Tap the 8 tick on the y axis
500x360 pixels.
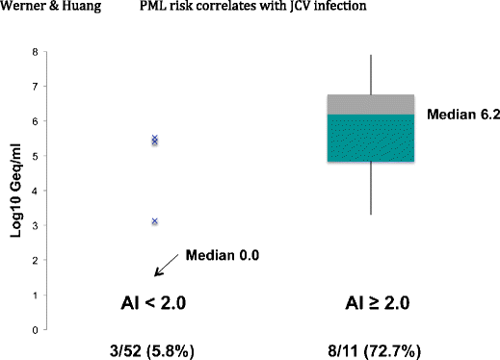click(x=36, y=51)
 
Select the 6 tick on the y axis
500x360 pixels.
click(x=36, y=121)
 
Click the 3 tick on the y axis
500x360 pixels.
click(x=36, y=226)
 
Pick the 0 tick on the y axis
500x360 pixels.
click(x=36, y=330)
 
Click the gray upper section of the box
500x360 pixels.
click(x=372, y=104)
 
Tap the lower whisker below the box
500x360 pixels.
click(x=372, y=188)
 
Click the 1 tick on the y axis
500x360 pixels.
click(x=36, y=296)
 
